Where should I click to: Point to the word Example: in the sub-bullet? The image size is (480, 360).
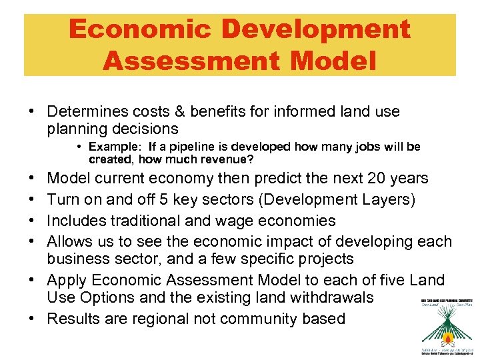pyautogui.click(x=117, y=147)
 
